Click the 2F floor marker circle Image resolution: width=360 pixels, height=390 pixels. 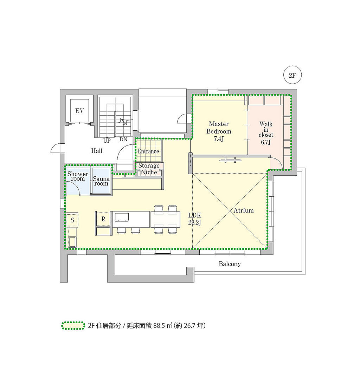(x=292, y=75)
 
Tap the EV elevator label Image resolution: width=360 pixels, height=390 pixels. (x=79, y=111)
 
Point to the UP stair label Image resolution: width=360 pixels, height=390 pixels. (x=107, y=141)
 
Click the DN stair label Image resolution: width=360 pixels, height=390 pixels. (x=123, y=139)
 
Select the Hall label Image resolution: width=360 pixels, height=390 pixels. (x=97, y=151)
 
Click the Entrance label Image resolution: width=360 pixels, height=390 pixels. (x=148, y=151)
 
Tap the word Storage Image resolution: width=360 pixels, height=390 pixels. (x=149, y=165)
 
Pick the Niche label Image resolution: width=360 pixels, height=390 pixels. (x=149, y=172)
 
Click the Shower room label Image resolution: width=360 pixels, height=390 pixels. (x=78, y=176)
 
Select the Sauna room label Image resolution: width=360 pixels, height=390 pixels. (x=101, y=181)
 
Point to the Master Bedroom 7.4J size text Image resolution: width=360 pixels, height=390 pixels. (x=219, y=139)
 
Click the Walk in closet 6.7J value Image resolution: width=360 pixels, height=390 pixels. (x=266, y=142)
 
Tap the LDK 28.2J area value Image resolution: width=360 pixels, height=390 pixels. (x=194, y=222)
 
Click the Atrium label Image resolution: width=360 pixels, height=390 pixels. (x=244, y=210)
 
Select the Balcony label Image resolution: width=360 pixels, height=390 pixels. (x=230, y=264)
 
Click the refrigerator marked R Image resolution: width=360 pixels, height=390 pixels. (x=103, y=219)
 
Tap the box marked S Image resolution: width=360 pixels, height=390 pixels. (x=72, y=220)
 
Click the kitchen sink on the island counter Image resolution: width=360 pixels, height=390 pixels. (x=122, y=217)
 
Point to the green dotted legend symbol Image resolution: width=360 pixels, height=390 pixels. (x=73, y=326)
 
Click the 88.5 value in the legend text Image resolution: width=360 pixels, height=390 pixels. (x=159, y=326)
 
